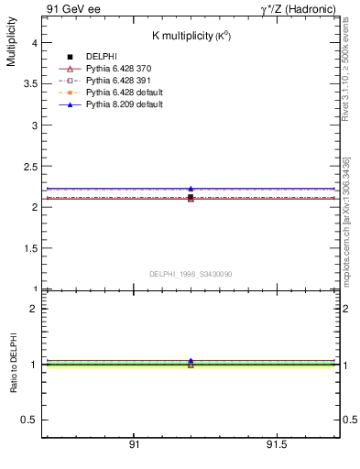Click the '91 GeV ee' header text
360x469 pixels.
[72, 9]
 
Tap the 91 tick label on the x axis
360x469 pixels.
[134, 444]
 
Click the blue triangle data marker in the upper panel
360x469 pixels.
[191, 189]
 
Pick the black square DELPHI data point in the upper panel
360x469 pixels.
[191, 197]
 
